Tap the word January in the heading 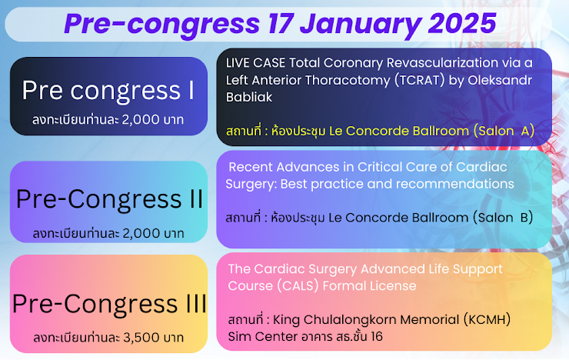coord(361,25)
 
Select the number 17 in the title coord(281,23)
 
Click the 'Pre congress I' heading coord(108,90)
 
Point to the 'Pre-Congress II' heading coord(110,199)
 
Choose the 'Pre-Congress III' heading coord(109,304)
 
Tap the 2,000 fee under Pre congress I coord(141,119)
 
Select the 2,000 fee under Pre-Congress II coord(141,233)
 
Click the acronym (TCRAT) coord(420,80)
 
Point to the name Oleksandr coord(500,80)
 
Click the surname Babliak coord(249,97)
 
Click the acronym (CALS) coord(298,285)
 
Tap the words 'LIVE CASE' coord(255,63)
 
